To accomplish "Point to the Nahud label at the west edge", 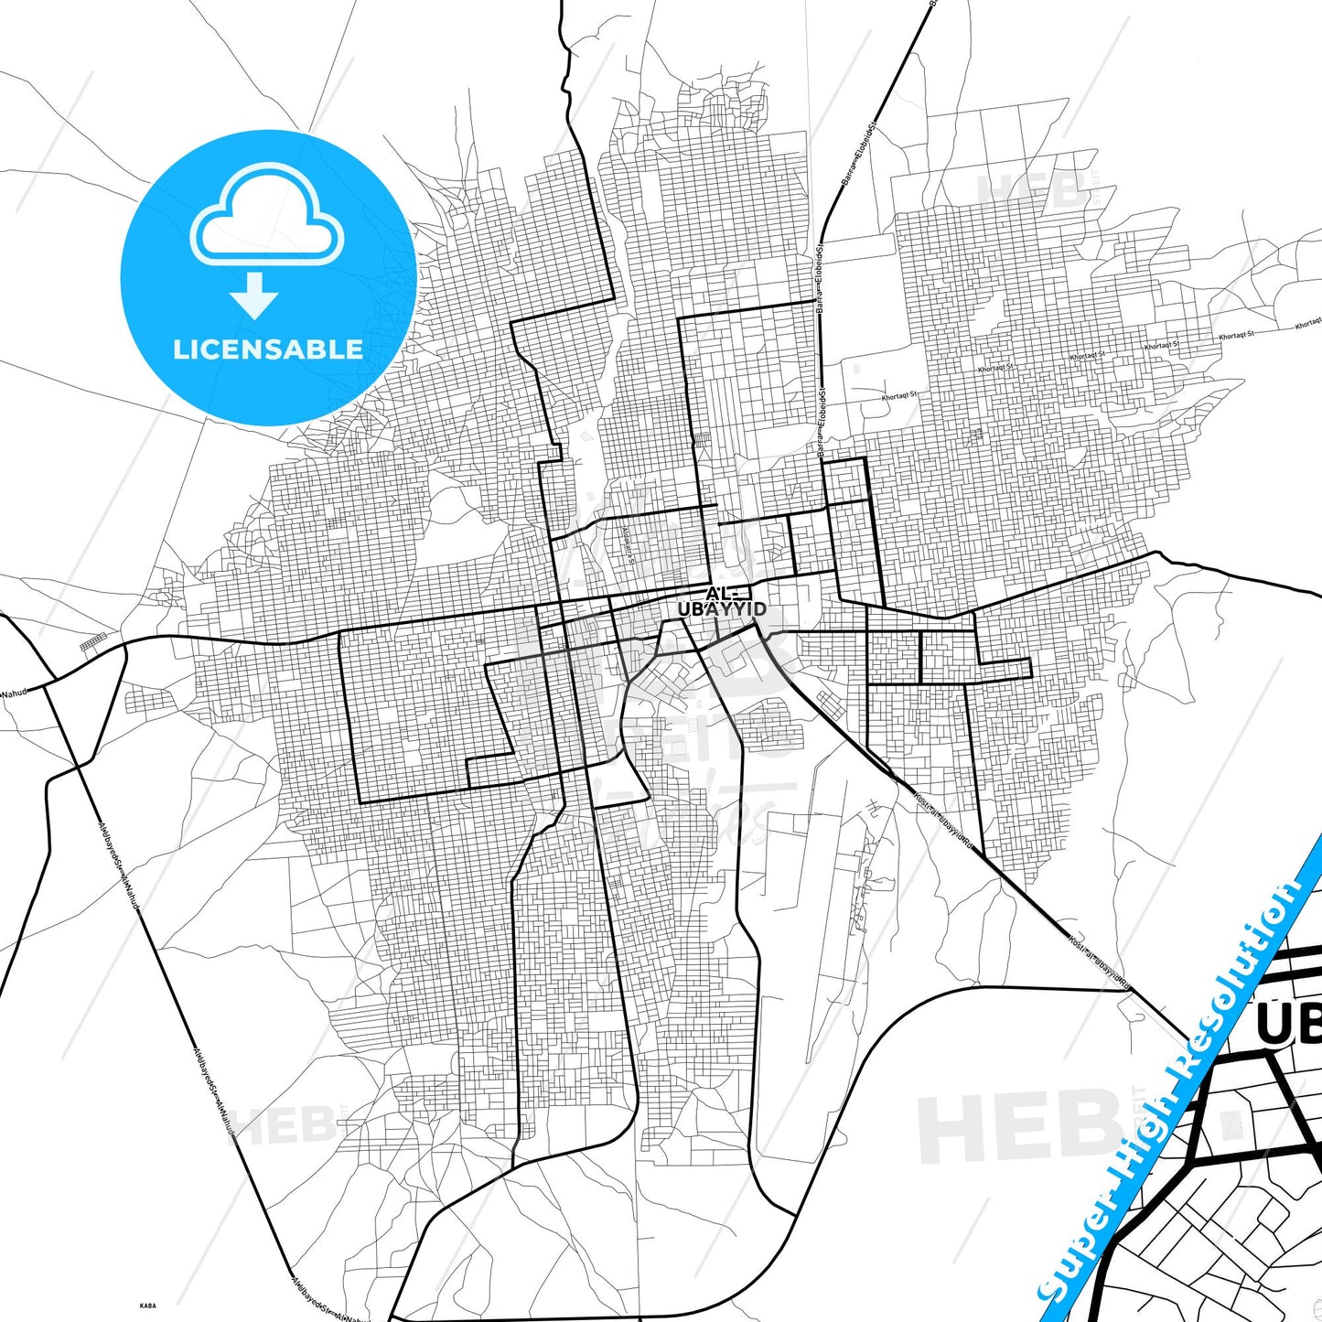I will (15, 693).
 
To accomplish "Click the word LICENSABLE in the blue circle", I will (268, 349).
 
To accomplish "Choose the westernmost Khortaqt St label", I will (898, 396).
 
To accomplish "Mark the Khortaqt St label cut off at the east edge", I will (1308, 323).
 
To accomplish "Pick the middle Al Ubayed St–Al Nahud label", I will (214, 1093).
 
